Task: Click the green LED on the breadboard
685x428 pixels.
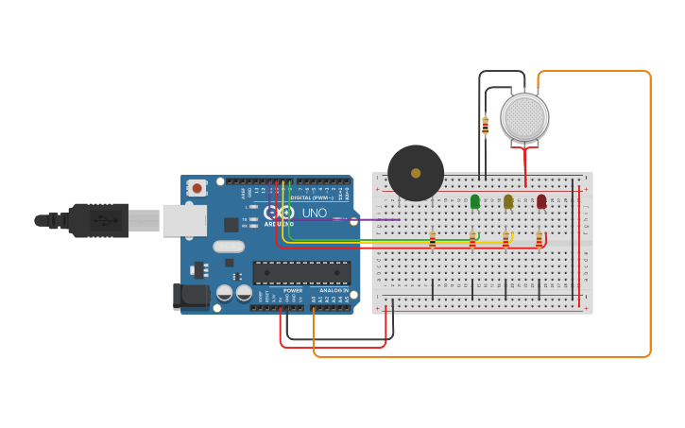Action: pyautogui.click(x=474, y=200)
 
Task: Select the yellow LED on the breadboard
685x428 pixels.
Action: pyautogui.click(x=508, y=200)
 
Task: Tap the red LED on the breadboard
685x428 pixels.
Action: pyautogui.click(x=541, y=200)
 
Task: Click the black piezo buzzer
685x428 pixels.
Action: pyautogui.click(x=416, y=173)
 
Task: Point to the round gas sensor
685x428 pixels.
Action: pyautogui.click(x=524, y=117)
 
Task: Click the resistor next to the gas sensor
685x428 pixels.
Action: pyautogui.click(x=486, y=125)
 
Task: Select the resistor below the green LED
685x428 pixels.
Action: pyautogui.click(x=472, y=241)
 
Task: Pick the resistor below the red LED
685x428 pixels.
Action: pyautogui.click(x=539, y=241)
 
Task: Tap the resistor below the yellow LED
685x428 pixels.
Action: pyautogui.click(x=505, y=241)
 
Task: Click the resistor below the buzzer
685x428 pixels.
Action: pyautogui.click(x=433, y=241)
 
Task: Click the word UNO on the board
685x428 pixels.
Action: pyautogui.click(x=314, y=213)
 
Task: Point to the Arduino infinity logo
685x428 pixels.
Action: pyautogui.click(x=279, y=213)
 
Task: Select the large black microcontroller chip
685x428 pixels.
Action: pyautogui.click(x=301, y=273)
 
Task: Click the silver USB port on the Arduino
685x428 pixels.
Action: pyautogui.click(x=184, y=220)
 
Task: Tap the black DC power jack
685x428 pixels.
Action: pyautogui.click(x=191, y=296)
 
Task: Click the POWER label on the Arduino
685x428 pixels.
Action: pyautogui.click(x=293, y=290)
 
